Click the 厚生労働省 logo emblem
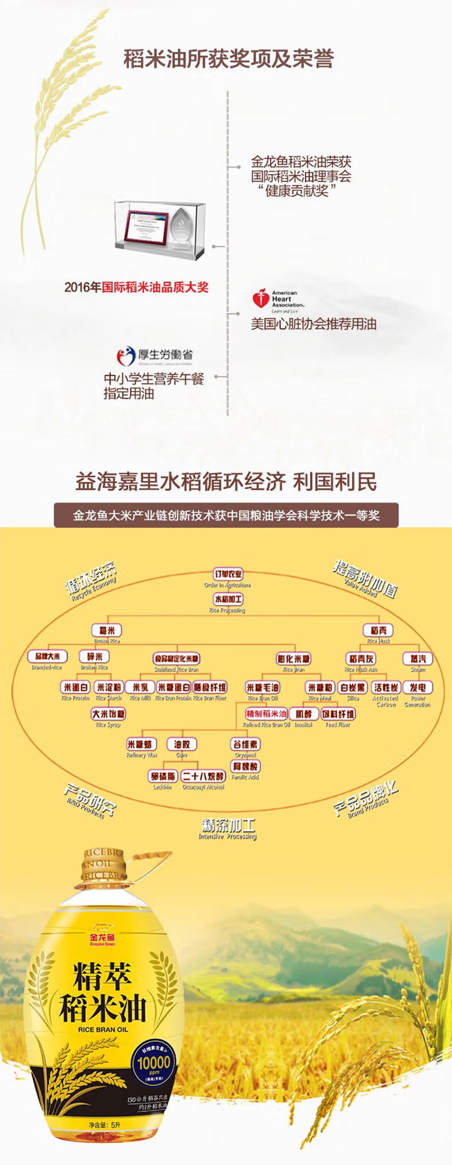coord(125,356)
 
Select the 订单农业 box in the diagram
coord(228,574)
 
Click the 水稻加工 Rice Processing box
coord(228,599)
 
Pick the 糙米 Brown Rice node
coord(107,630)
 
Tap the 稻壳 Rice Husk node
coord(378,630)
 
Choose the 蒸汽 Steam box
coord(418,659)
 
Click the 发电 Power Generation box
coord(418,687)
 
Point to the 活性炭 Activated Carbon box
coord(386,687)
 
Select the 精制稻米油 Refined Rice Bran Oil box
coord(266,714)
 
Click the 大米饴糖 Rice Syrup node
coord(108,714)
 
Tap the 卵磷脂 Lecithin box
coord(162,776)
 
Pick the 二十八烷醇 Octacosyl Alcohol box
coord(203,776)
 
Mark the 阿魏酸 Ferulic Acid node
coord(245,766)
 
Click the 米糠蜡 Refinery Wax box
coord(141,744)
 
